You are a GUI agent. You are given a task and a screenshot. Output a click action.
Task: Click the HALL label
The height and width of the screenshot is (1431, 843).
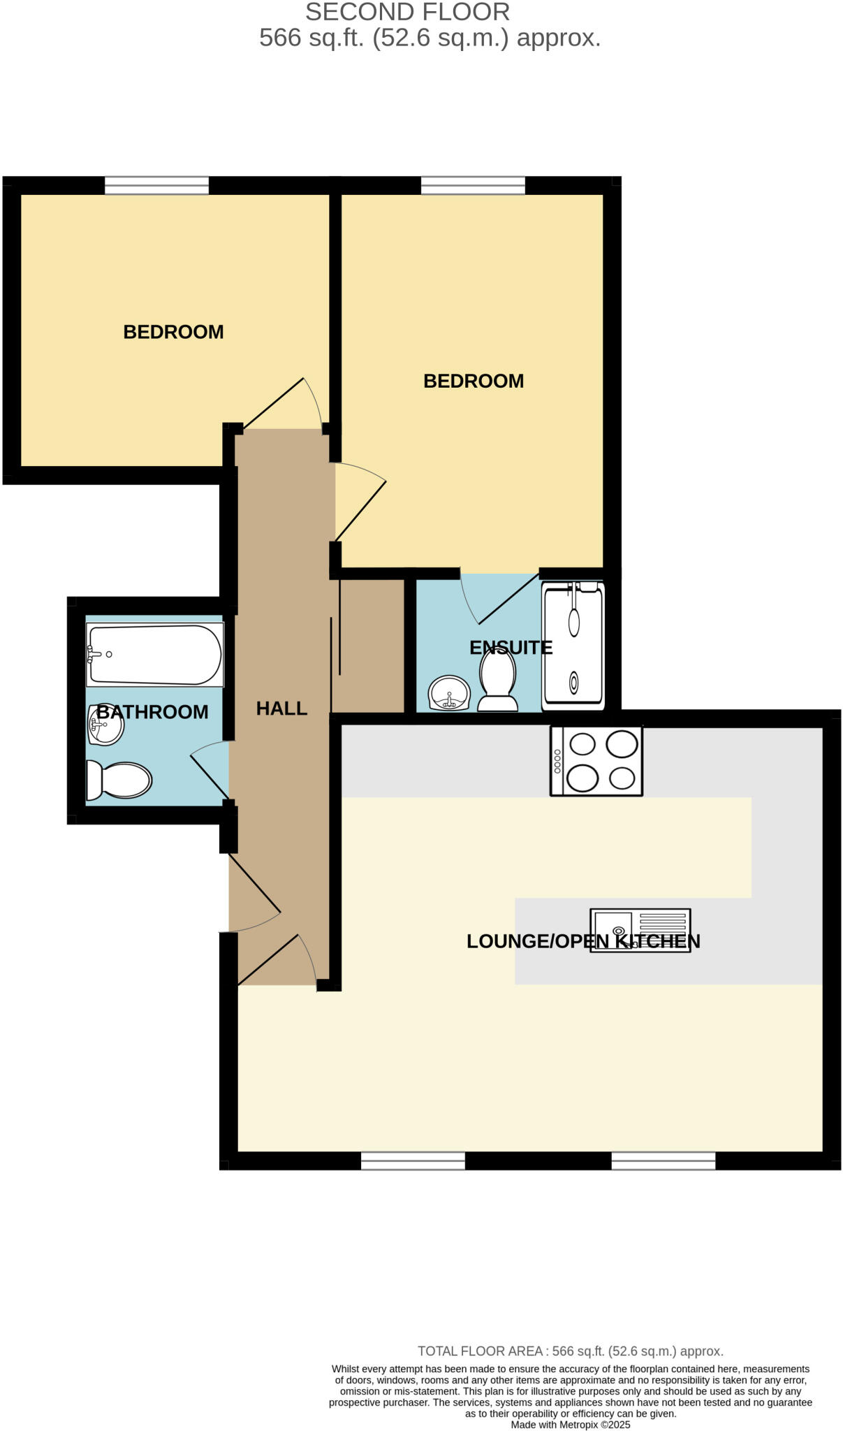click(x=281, y=709)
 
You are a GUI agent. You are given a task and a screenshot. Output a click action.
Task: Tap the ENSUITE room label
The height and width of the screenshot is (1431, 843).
click(x=511, y=648)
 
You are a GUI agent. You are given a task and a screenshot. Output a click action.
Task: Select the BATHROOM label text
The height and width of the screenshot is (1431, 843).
click(x=152, y=712)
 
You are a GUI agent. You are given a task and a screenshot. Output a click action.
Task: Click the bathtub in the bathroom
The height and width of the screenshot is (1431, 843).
click(x=154, y=655)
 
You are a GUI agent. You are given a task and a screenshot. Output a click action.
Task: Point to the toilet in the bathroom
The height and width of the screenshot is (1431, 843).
click(x=119, y=780)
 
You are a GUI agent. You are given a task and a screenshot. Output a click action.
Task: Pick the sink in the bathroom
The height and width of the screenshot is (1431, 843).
click(x=105, y=725)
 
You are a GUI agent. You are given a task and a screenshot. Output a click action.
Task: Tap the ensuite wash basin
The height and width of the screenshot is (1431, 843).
click(x=448, y=693)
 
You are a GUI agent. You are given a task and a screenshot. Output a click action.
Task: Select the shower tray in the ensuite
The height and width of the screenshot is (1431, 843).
click(x=573, y=646)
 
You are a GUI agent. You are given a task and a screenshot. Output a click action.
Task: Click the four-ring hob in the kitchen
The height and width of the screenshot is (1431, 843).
click(x=596, y=761)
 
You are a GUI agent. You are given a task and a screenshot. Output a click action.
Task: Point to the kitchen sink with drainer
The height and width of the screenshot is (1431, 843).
click(x=640, y=930)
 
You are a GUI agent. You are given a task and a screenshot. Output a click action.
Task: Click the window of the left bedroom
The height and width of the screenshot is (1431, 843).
click(x=156, y=185)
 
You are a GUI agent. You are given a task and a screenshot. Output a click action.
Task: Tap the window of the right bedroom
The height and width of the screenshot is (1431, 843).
click(x=473, y=185)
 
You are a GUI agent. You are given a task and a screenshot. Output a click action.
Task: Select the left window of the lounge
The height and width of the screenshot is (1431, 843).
click(x=413, y=1161)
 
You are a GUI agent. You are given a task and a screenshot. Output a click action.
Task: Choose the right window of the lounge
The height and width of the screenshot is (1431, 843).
click(x=664, y=1161)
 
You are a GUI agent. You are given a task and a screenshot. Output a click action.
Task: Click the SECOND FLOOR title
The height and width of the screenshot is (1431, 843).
click(x=408, y=12)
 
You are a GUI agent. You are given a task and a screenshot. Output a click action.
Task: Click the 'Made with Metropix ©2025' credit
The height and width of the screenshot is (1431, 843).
click(x=571, y=1425)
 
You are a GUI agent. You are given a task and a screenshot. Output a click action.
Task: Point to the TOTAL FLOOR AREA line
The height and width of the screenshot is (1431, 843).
click(x=571, y=1351)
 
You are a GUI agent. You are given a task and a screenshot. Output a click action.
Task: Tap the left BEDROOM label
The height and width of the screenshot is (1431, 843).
click(x=173, y=332)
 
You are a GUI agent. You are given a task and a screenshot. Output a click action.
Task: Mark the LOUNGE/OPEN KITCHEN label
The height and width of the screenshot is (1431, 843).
click(x=583, y=941)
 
